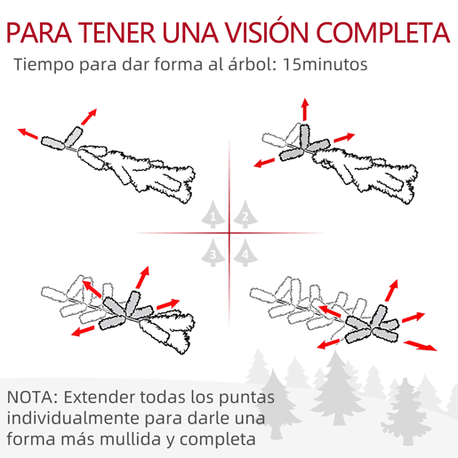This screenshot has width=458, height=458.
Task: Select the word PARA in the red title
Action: (x=39, y=33)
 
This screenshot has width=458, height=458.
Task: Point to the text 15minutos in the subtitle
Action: (x=325, y=64)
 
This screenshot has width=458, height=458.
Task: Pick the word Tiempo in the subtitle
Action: (x=44, y=65)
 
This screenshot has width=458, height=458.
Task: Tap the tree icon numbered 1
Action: (x=213, y=214)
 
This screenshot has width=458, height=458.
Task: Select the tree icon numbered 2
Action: (x=245, y=214)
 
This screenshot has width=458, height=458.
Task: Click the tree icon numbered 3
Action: (x=213, y=253)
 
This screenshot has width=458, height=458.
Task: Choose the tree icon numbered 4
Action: (x=245, y=253)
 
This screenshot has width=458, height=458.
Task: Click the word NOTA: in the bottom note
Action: (x=33, y=398)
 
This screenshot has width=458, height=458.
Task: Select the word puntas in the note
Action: (x=246, y=398)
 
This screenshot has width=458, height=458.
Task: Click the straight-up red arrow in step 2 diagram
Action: (x=305, y=109)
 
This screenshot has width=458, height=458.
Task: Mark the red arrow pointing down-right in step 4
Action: (x=420, y=346)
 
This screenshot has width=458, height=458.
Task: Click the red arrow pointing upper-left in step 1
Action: (x=28, y=133)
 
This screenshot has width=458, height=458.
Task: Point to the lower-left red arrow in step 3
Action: (x=83, y=331)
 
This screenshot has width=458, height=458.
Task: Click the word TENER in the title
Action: (x=117, y=33)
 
